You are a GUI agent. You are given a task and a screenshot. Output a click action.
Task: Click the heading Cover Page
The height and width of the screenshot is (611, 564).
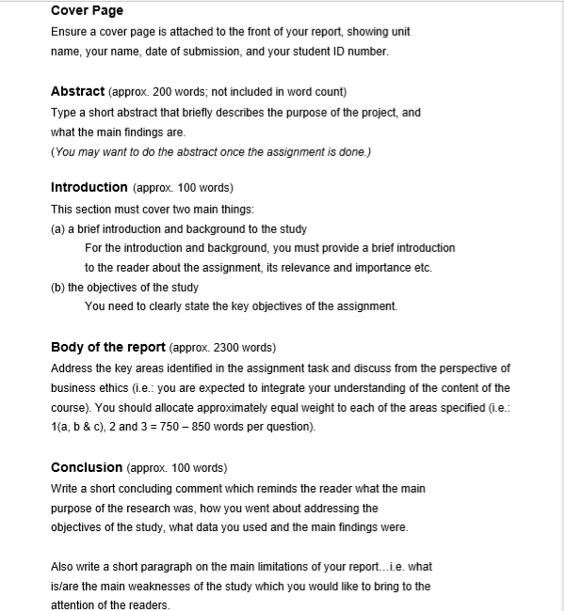tap(87, 10)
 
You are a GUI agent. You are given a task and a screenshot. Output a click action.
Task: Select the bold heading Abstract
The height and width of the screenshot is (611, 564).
tap(77, 92)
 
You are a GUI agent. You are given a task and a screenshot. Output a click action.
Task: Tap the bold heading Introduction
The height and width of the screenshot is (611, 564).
tap(89, 187)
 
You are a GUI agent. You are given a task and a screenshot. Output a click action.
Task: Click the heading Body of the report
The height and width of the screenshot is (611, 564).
tap(107, 347)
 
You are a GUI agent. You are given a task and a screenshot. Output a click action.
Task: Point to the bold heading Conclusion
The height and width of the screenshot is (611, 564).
tap(86, 467)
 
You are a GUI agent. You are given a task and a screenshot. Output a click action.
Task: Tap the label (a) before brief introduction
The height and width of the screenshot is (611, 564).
tap(58, 229)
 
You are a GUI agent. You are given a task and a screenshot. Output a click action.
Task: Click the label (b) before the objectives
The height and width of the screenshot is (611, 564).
tap(58, 288)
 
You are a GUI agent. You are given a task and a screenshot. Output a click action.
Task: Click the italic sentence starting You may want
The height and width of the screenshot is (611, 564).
tap(211, 151)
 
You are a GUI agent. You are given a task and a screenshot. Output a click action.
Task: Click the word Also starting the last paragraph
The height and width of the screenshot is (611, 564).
tap(63, 567)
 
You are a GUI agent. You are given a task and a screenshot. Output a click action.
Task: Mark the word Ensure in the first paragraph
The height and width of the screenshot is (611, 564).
tap(70, 32)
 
